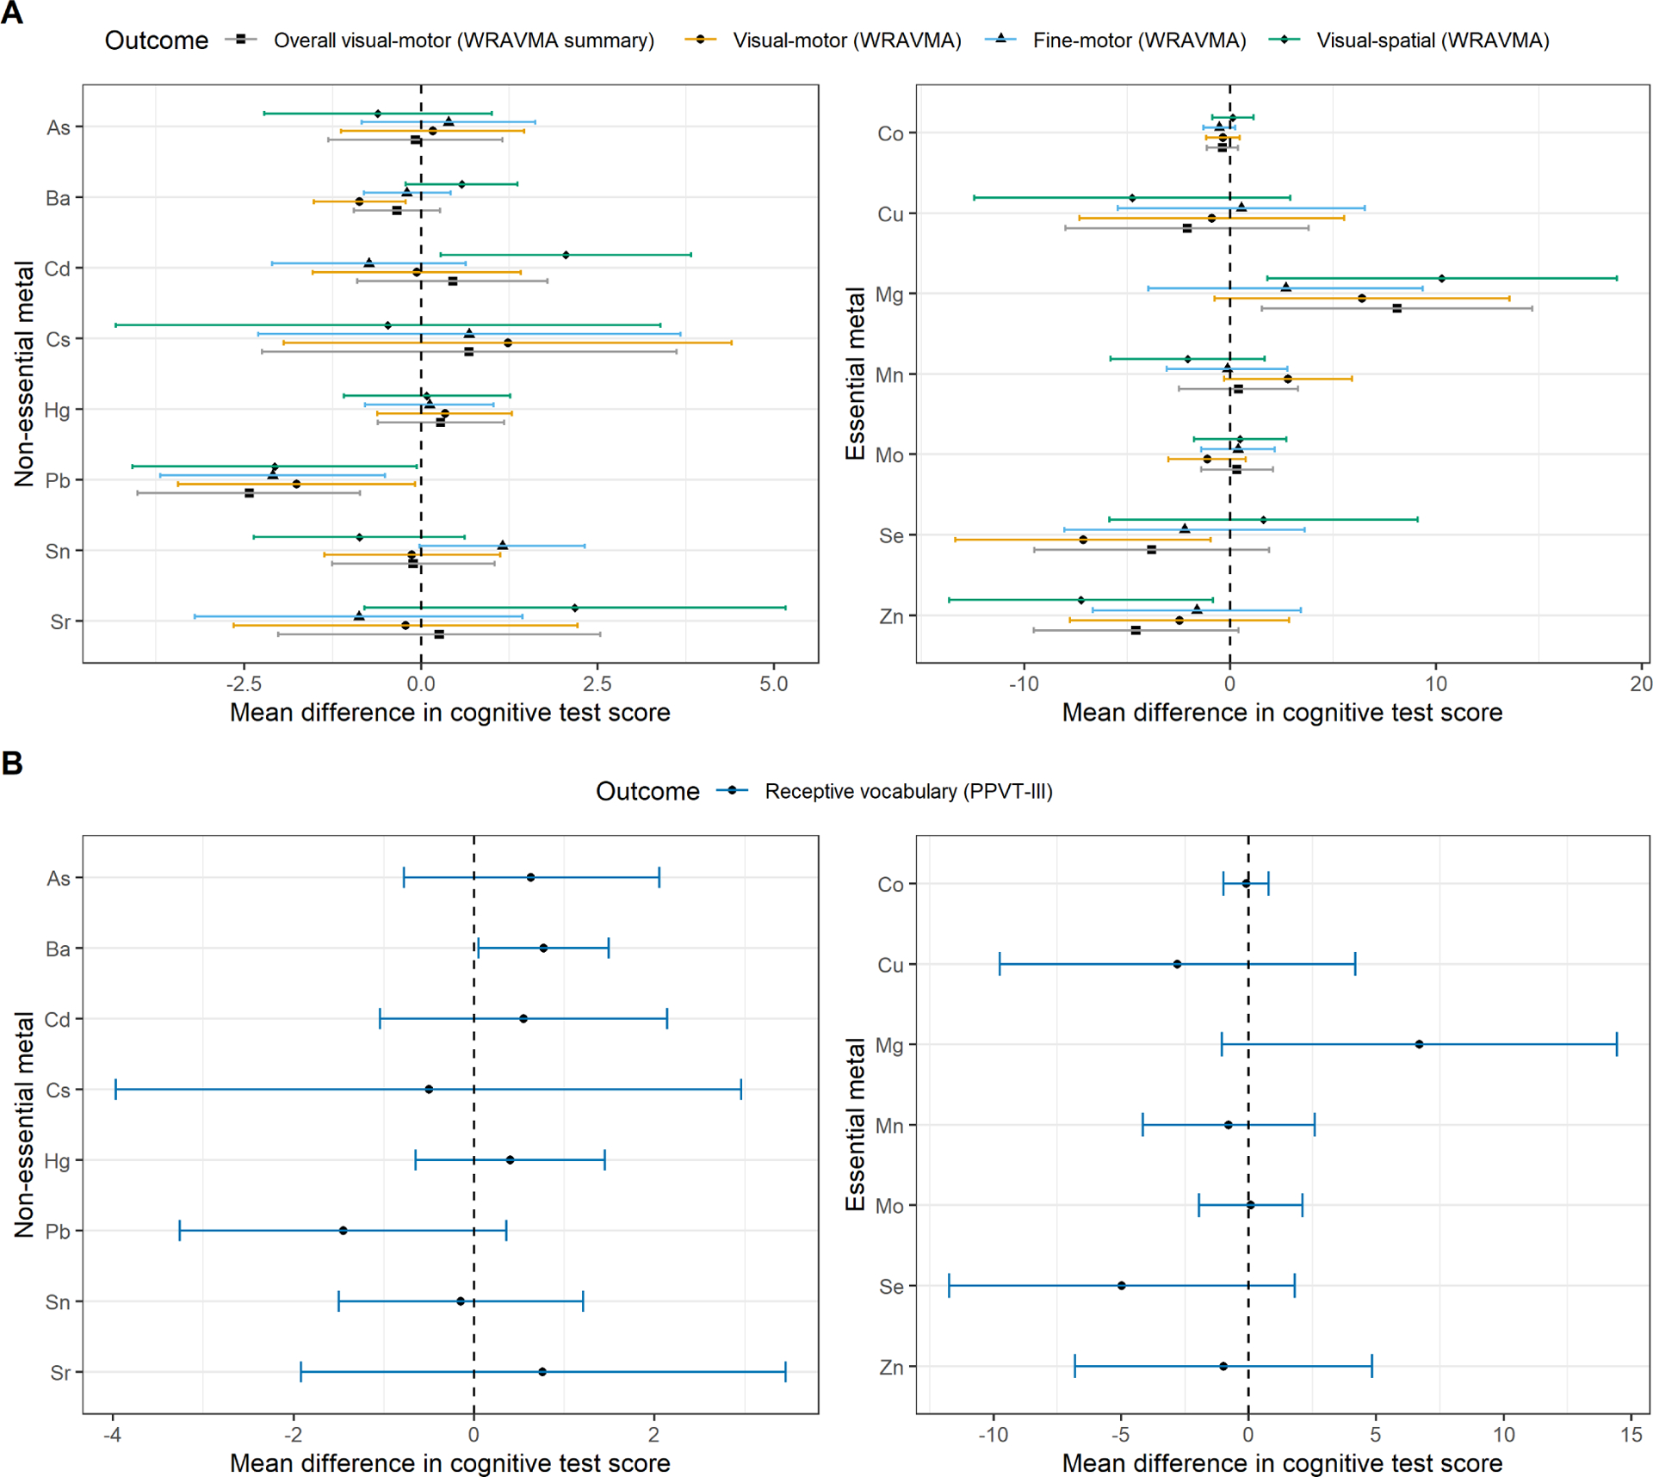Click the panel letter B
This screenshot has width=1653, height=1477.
[x=12, y=763]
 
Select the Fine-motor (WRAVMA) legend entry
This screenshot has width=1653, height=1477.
[x=1139, y=40]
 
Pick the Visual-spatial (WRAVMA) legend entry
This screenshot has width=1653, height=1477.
[x=1432, y=40]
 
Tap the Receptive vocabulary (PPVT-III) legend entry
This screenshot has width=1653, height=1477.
[x=908, y=791]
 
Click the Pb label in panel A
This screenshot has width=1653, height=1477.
[x=58, y=480]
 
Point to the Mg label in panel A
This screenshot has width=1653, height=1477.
[x=889, y=294]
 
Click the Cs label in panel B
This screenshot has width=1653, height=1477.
[x=58, y=1091]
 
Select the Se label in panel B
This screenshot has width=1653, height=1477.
[x=891, y=1287]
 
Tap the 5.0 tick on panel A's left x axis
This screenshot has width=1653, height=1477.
[x=773, y=684]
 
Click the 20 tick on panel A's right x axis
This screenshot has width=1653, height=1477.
[x=1641, y=684]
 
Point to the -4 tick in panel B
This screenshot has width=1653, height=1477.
[x=112, y=1435]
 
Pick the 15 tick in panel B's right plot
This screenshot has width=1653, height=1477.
[x=1631, y=1435]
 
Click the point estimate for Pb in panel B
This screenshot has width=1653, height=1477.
[x=343, y=1231]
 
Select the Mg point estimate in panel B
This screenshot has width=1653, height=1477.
[x=1419, y=1044]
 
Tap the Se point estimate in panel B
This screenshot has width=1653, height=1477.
[x=1121, y=1286]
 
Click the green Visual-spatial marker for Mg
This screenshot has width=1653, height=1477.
[x=1441, y=278]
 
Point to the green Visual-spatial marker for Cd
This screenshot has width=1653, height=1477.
[x=566, y=255]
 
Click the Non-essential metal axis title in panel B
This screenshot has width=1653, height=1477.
[x=24, y=1124]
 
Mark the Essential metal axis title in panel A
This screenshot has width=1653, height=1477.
[x=855, y=374]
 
